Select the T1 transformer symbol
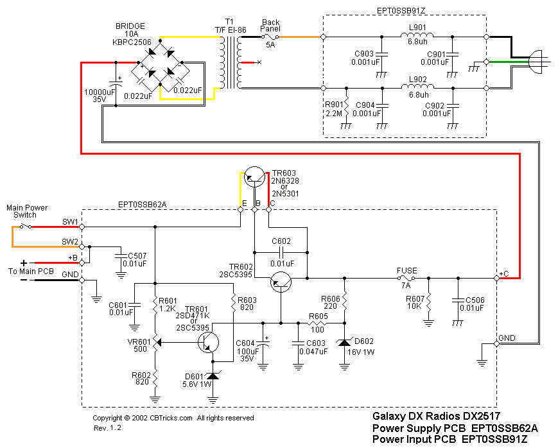(x=230, y=63)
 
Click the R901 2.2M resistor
(x=346, y=106)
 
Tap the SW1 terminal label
(x=69, y=222)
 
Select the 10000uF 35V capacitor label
(x=100, y=96)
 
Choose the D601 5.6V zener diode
(x=212, y=374)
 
